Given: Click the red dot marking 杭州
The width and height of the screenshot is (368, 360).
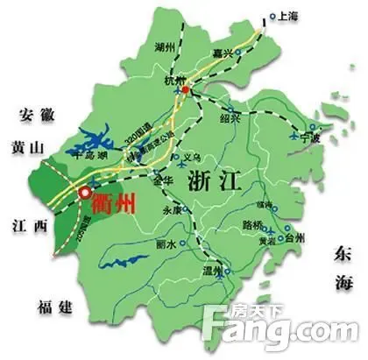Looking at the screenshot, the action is point(185,89).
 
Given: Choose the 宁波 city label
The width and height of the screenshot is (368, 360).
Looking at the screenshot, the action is point(310,138).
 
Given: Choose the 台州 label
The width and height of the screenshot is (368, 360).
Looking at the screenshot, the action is point(293,237).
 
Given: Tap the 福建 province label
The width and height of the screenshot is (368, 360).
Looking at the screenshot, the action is point(54,305).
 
